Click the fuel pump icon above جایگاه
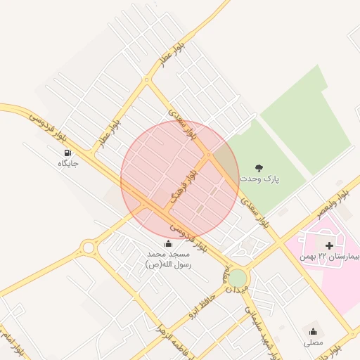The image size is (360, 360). (x=67, y=152)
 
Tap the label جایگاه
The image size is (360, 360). (x=67, y=163)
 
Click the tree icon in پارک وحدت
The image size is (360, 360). (x=259, y=167)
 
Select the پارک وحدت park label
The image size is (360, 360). (x=259, y=179)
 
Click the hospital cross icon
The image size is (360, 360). (x=329, y=245)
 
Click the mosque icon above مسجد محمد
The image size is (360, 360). (x=167, y=243)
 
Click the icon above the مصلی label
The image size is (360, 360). (x=313, y=331)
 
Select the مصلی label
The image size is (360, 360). (x=313, y=342)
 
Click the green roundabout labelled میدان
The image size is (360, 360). (x=238, y=278)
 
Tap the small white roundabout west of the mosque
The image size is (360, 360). (x=88, y=247)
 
